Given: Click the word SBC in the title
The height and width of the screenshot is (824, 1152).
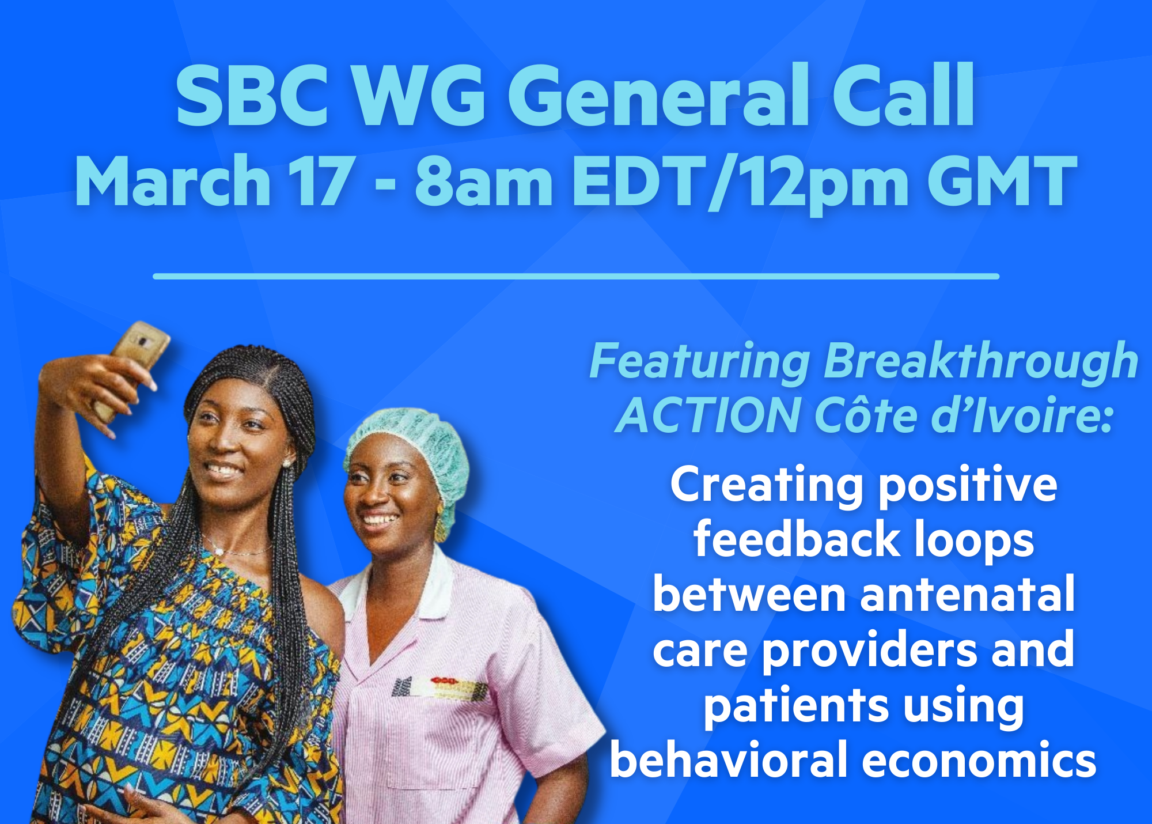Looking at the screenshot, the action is (x=252, y=96).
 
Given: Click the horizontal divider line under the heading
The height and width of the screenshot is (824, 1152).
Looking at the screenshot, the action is (x=576, y=277).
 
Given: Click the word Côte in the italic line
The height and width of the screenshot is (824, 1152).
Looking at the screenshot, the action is (x=866, y=415).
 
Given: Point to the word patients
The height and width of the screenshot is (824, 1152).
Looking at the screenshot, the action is (x=790, y=706).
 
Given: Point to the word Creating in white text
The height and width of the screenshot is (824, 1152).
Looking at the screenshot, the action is (x=767, y=486).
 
